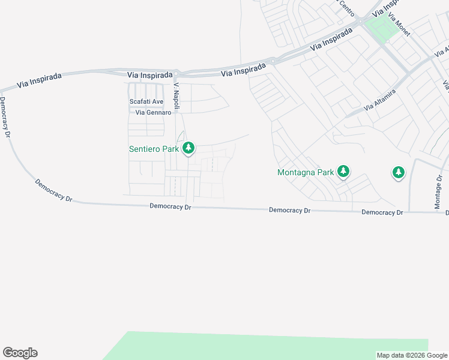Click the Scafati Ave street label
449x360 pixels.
(x=146, y=101)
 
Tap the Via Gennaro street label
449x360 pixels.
(x=153, y=112)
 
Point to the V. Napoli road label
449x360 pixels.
(x=177, y=95)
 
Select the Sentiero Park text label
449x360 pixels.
(x=154, y=149)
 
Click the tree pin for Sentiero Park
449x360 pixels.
(x=188, y=148)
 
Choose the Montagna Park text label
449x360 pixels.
(x=305, y=172)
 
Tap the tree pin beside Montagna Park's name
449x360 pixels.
(x=343, y=172)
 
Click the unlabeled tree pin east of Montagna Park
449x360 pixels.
(x=398, y=173)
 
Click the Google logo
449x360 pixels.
(x=20, y=353)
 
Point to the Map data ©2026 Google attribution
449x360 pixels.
(x=412, y=355)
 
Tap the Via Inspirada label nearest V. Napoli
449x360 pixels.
(x=150, y=75)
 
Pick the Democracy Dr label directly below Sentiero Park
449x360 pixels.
(x=170, y=206)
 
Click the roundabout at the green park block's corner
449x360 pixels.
(x=362, y=22)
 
